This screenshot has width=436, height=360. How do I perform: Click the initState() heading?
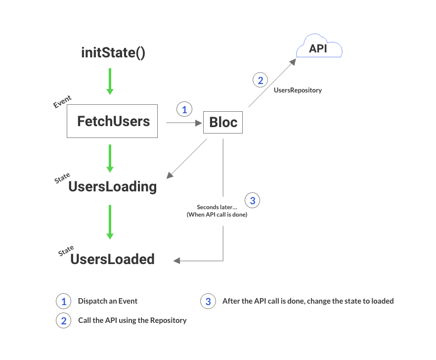[113, 52]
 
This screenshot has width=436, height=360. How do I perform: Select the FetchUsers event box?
[112, 121]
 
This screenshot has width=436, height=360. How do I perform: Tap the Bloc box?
[223, 122]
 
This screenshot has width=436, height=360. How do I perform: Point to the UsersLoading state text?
[112, 186]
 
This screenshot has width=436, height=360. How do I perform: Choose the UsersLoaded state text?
[112, 259]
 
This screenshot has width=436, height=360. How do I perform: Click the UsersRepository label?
[298, 90]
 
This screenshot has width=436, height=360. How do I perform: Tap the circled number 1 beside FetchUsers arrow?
[184, 110]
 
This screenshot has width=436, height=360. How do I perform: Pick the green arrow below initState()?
[110, 81]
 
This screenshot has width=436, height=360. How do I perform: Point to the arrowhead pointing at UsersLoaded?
[176, 260]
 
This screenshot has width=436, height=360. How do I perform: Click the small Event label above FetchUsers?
[62, 102]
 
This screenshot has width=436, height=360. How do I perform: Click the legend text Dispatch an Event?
[108, 301]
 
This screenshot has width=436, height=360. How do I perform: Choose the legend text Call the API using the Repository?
[132, 320]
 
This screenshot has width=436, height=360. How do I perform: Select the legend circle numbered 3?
[208, 301]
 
